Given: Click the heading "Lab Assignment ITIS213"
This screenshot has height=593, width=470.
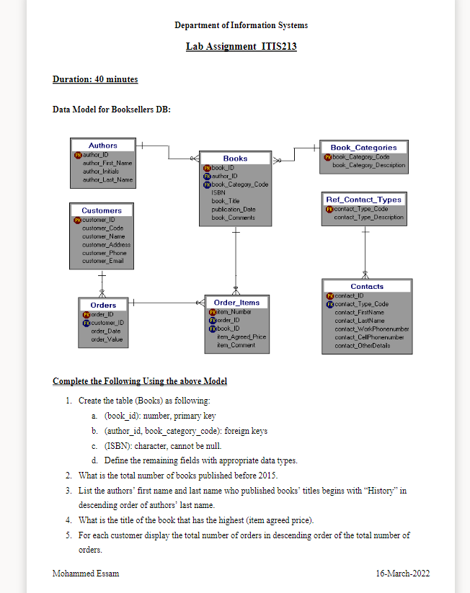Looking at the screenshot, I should click(241, 47).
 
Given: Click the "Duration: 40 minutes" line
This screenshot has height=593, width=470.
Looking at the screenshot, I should click(95, 79).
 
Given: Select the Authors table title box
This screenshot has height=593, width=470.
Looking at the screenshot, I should click(102, 146).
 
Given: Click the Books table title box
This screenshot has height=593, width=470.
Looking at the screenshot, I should click(235, 159).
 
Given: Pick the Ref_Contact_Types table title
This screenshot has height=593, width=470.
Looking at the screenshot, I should click(364, 200).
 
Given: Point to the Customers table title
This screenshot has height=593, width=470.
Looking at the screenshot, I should click(102, 210).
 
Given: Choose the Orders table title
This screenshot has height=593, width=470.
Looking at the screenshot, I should click(103, 306).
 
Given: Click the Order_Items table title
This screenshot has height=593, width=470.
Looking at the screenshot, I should click(236, 303).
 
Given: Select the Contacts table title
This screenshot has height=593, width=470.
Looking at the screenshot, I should click(367, 287).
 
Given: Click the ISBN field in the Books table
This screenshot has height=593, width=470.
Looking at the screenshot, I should click(218, 192).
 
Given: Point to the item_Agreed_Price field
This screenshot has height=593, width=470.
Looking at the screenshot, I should click(241, 336).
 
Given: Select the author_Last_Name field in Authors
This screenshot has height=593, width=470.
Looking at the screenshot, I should click(107, 179).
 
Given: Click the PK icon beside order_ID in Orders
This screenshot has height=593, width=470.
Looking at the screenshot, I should click(86, 314).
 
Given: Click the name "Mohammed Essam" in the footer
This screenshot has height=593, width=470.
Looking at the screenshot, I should click(86, 574).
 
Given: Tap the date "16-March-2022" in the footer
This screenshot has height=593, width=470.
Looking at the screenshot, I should click(403, 574).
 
